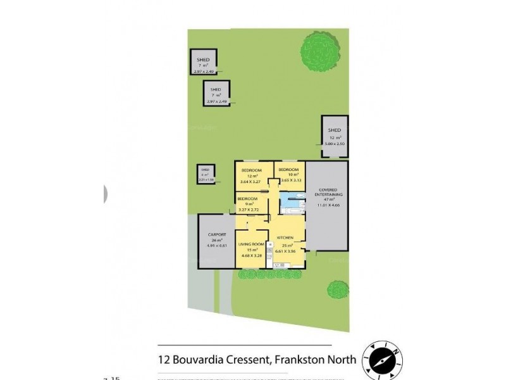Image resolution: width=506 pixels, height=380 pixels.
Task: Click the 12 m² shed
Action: [x=335, y=137]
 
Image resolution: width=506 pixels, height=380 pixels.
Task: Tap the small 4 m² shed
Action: [x=205, y=174]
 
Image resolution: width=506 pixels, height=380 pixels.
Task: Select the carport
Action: [x=217, y=241]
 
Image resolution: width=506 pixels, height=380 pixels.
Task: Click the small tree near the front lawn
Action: [x=338, y=290]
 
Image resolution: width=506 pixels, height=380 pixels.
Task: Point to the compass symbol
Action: [x=383, y=359]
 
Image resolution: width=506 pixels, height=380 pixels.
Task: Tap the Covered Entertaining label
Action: [x=327, y=193]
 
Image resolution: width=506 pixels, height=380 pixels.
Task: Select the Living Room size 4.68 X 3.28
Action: [x=250, y=255]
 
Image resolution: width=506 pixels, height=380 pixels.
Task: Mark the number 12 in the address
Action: [x=164, y=360]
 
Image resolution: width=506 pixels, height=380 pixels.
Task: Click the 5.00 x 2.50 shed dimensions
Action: [x=335, y=144]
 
